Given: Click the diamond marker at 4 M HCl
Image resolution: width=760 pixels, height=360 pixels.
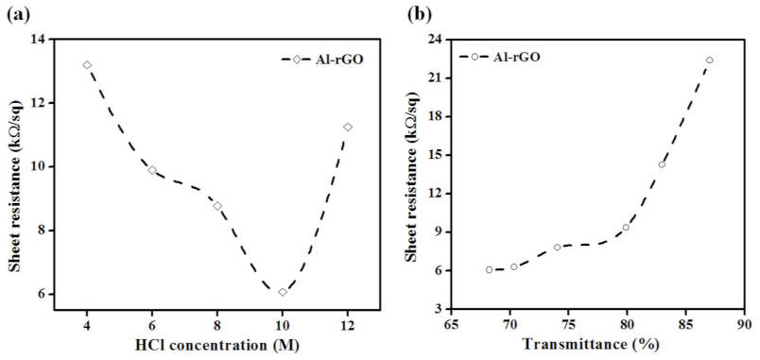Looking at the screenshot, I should click(x=87, y=65).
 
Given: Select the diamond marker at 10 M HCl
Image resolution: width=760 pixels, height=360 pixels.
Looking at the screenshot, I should click(x=283, y=292).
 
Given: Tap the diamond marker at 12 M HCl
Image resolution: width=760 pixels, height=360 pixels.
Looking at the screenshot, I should click(x=348, y=127).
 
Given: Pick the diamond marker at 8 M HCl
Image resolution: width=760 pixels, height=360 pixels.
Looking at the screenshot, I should click(x=217, y=206).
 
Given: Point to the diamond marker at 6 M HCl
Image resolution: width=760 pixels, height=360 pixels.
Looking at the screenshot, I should click(x=152, y=170).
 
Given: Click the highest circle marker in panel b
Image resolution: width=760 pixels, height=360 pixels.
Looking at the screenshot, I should click(x=709, y=60).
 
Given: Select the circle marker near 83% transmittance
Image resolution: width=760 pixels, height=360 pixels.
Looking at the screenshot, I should click(x=662, y=164).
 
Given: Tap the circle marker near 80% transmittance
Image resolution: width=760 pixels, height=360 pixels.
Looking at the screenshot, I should click(x=626, y=228).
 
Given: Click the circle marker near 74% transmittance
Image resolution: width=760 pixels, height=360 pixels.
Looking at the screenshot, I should click(x=558, y=248).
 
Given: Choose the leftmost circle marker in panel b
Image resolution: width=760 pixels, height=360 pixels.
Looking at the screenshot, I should click(x=489, y=269).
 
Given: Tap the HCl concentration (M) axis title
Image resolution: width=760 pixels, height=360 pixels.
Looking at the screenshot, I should click(x=216, y=346).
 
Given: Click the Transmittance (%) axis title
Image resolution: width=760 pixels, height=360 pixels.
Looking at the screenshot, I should click(x=602, y=347).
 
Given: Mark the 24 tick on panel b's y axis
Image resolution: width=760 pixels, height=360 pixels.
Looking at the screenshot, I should click(x=435, y=40).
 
